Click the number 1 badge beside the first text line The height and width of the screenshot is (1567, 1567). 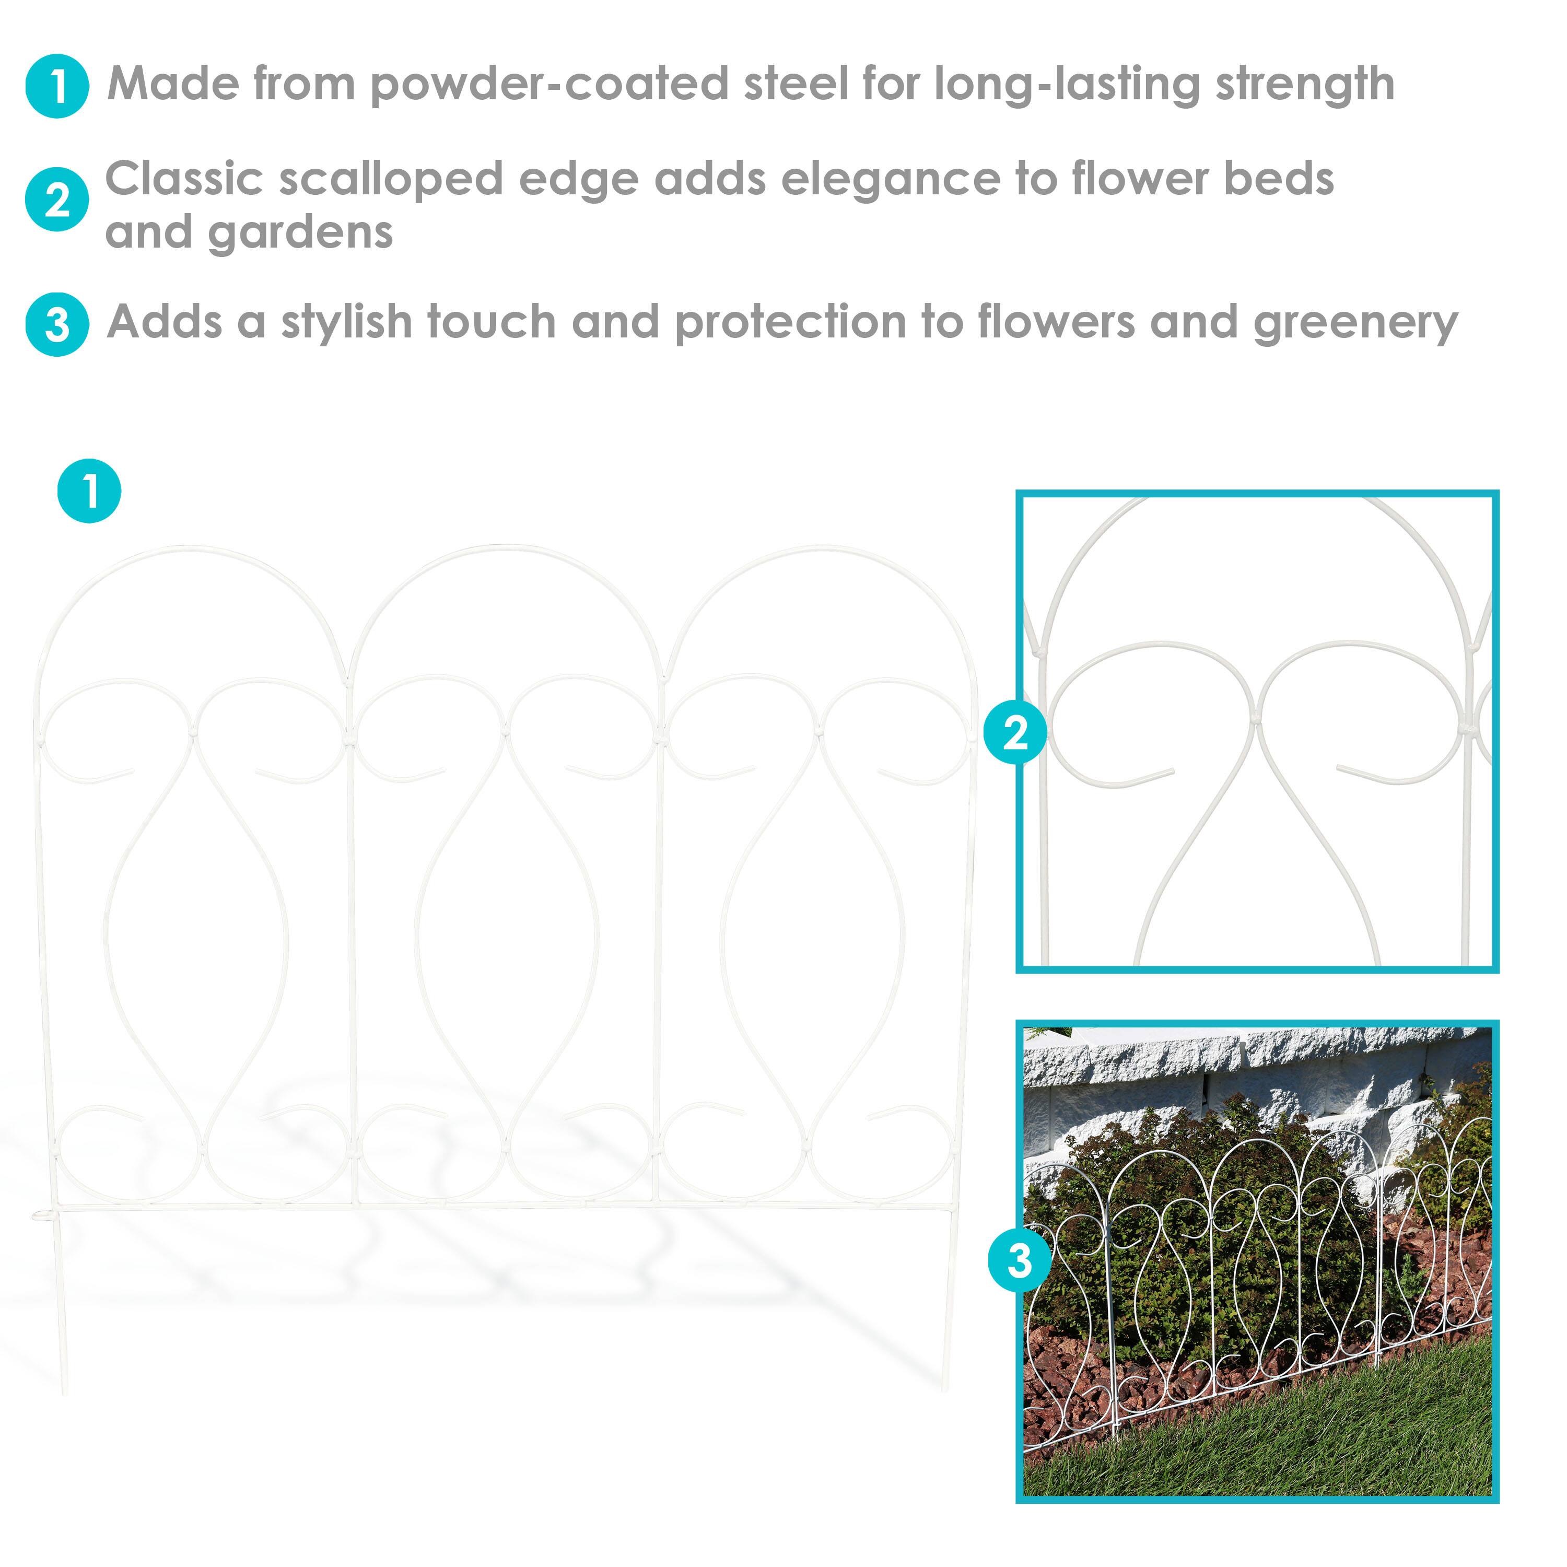[57, 87]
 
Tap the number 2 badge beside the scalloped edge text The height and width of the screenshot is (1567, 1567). [57, 200]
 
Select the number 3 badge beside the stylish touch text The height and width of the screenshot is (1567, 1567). [57, 324]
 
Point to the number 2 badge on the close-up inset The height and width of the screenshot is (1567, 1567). [1015, 732]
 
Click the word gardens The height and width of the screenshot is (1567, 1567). [300, 235]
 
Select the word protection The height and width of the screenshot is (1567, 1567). [791, 323]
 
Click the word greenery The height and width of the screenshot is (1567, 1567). [1355, 323]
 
